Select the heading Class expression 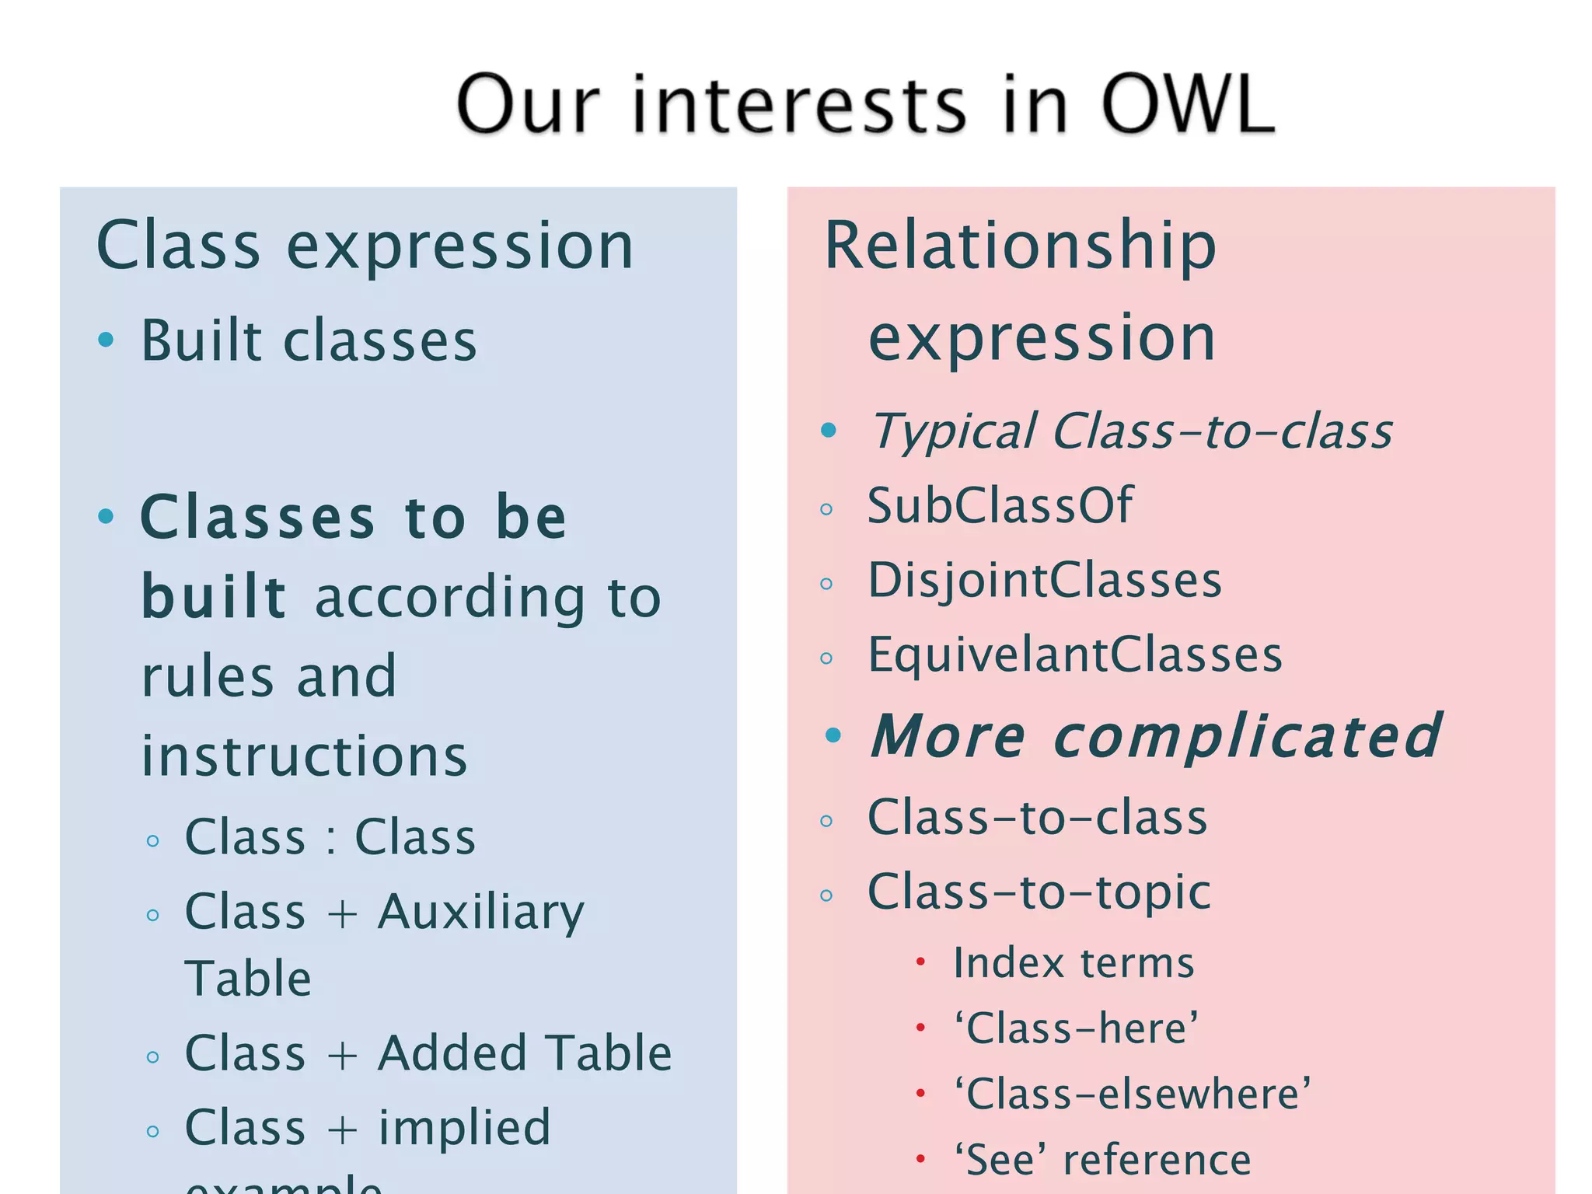pyautogui.click(x=365, y=246)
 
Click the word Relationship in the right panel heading pyautogui.click(x=1020, y=246)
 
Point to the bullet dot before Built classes pyautogui.click(x=106, y=340)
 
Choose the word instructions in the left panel pyautogui.click(x=304, y=756)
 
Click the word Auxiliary pyautogui.click(x=480, y=913)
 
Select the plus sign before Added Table pyautogui.click(x=342, y=1054)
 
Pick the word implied pyautogui.click(x=465, y=1128)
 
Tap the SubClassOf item pyautogui.click(x=1000, y=505)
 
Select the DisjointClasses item pyautogui.click(x=1044, y=581)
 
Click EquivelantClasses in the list pyautogui.click(x=1074, y=655)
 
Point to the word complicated pyautogui.click(x=1248, y=735)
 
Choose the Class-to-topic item pyautogui.click(x=1039, y=892)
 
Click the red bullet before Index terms pyautogui.click(x=920, y=962)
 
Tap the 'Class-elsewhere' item pyautogui.click(x=1133, y=1094)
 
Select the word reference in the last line pyautogui.click(x=1157, y=1160)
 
